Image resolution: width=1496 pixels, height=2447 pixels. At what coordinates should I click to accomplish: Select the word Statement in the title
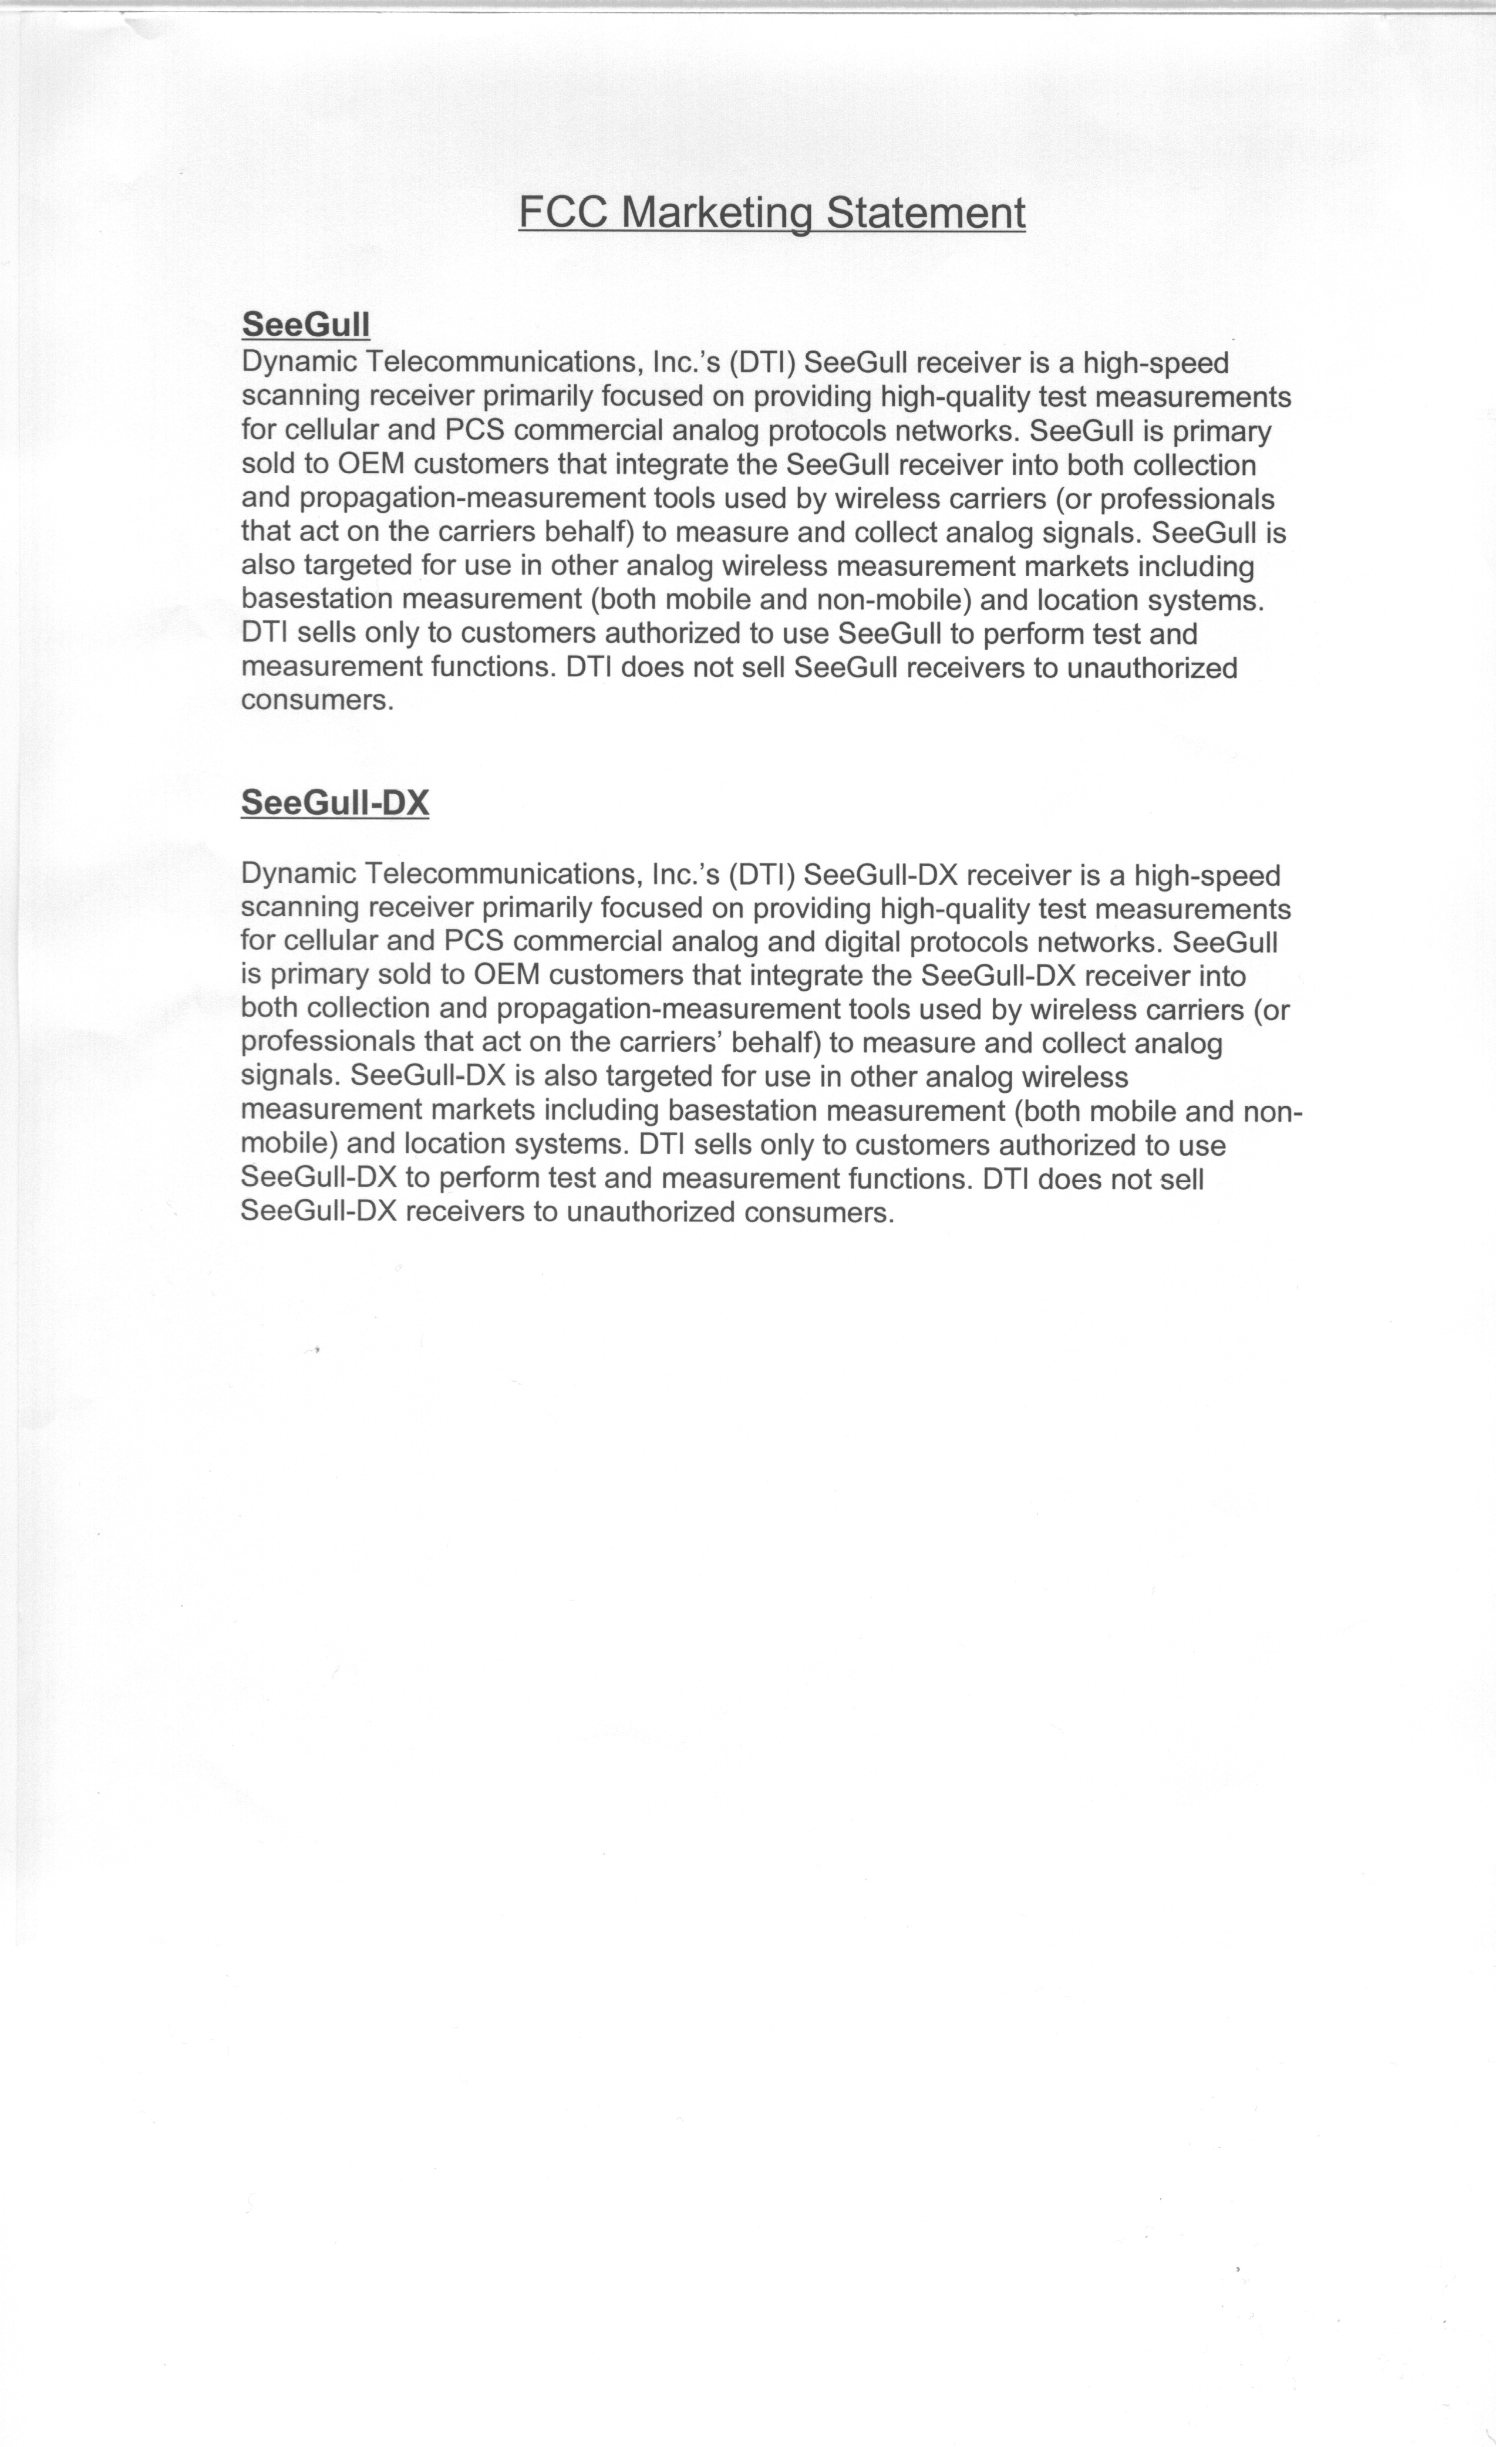point(926,214)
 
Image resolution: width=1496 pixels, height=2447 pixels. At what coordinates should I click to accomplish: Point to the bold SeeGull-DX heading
point(335,802)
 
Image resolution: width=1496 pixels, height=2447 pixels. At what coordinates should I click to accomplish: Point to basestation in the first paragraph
point(317,600)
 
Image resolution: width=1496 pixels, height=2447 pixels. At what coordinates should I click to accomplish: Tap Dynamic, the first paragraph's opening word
point(299,363)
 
